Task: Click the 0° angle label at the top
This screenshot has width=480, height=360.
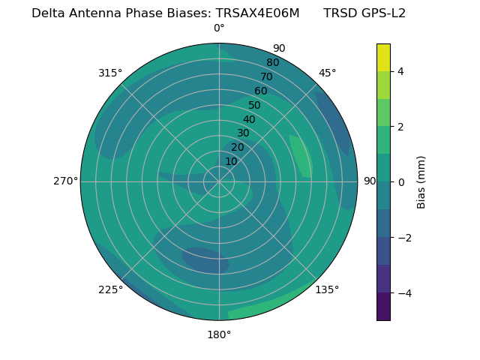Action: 219,28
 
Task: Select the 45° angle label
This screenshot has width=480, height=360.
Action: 327,73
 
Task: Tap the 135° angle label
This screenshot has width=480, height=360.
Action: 327,289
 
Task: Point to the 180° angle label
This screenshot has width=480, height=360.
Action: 219,334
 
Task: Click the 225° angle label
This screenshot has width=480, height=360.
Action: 110,289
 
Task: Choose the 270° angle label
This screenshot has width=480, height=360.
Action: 65,181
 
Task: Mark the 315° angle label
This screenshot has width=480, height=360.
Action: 110,73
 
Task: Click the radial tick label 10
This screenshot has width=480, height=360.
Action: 231,161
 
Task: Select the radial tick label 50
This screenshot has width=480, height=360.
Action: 254,106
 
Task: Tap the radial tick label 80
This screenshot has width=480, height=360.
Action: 272,63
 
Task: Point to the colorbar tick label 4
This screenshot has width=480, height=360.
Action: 401,71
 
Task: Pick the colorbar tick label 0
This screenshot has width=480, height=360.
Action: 401,182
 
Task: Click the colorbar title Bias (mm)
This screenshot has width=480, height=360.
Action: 421,182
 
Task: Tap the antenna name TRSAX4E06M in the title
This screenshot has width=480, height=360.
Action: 257,13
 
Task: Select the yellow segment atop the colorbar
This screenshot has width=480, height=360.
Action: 383,57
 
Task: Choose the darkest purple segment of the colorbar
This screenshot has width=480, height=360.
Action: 383,307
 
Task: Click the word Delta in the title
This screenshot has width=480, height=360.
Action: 49,13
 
